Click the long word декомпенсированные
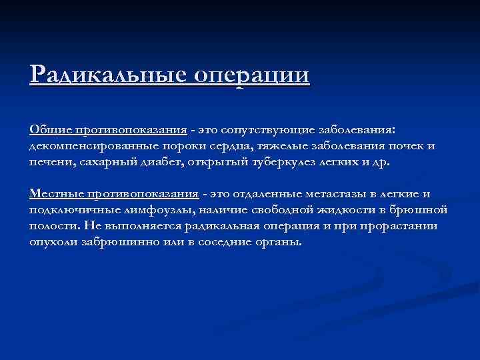coord(92,145)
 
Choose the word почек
coord(401,145)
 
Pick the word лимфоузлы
coord(147,210)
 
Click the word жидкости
coord(347,210)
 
